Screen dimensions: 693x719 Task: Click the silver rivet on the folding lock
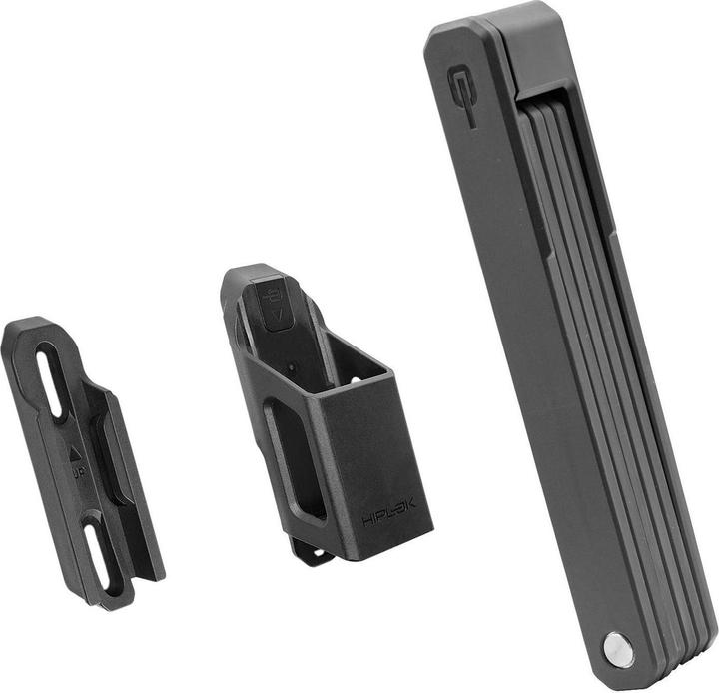click(618, 648)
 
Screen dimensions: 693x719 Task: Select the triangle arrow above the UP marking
click(76, 452)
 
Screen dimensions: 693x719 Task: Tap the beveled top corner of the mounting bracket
click(25, 328)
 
